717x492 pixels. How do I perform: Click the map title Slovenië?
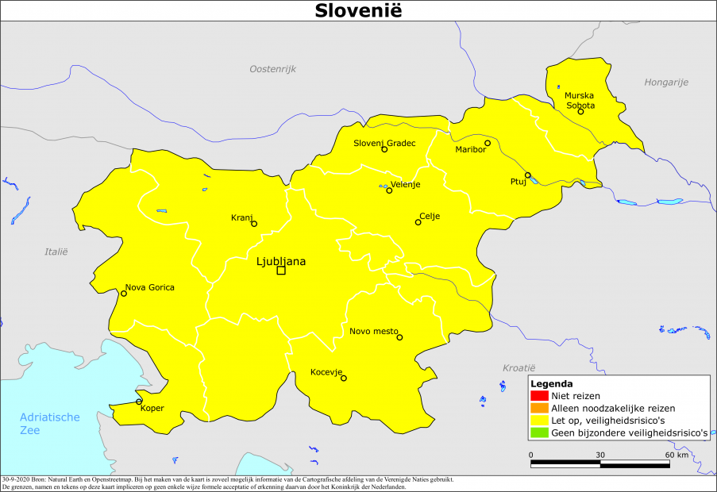click(358, 10)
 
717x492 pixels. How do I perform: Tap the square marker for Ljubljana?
click(281, 271)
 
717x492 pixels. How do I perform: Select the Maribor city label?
click(470, 149)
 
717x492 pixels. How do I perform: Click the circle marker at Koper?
click(140, 402)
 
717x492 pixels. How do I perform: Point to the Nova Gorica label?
click(150, 287)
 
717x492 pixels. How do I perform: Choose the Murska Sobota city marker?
click(580, 111)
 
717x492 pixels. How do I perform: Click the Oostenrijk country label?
click(272, 69)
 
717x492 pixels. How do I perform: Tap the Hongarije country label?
click(666, 82)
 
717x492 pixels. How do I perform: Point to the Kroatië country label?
click(519, 367)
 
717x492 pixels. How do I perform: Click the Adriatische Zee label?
click(50, 424)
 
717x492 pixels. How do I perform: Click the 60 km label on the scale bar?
click(677, 455)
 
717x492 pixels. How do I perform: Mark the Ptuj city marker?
click(527, 175)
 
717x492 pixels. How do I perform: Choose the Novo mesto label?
click(374, 331)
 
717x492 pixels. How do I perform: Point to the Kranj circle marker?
click(254, 224)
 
